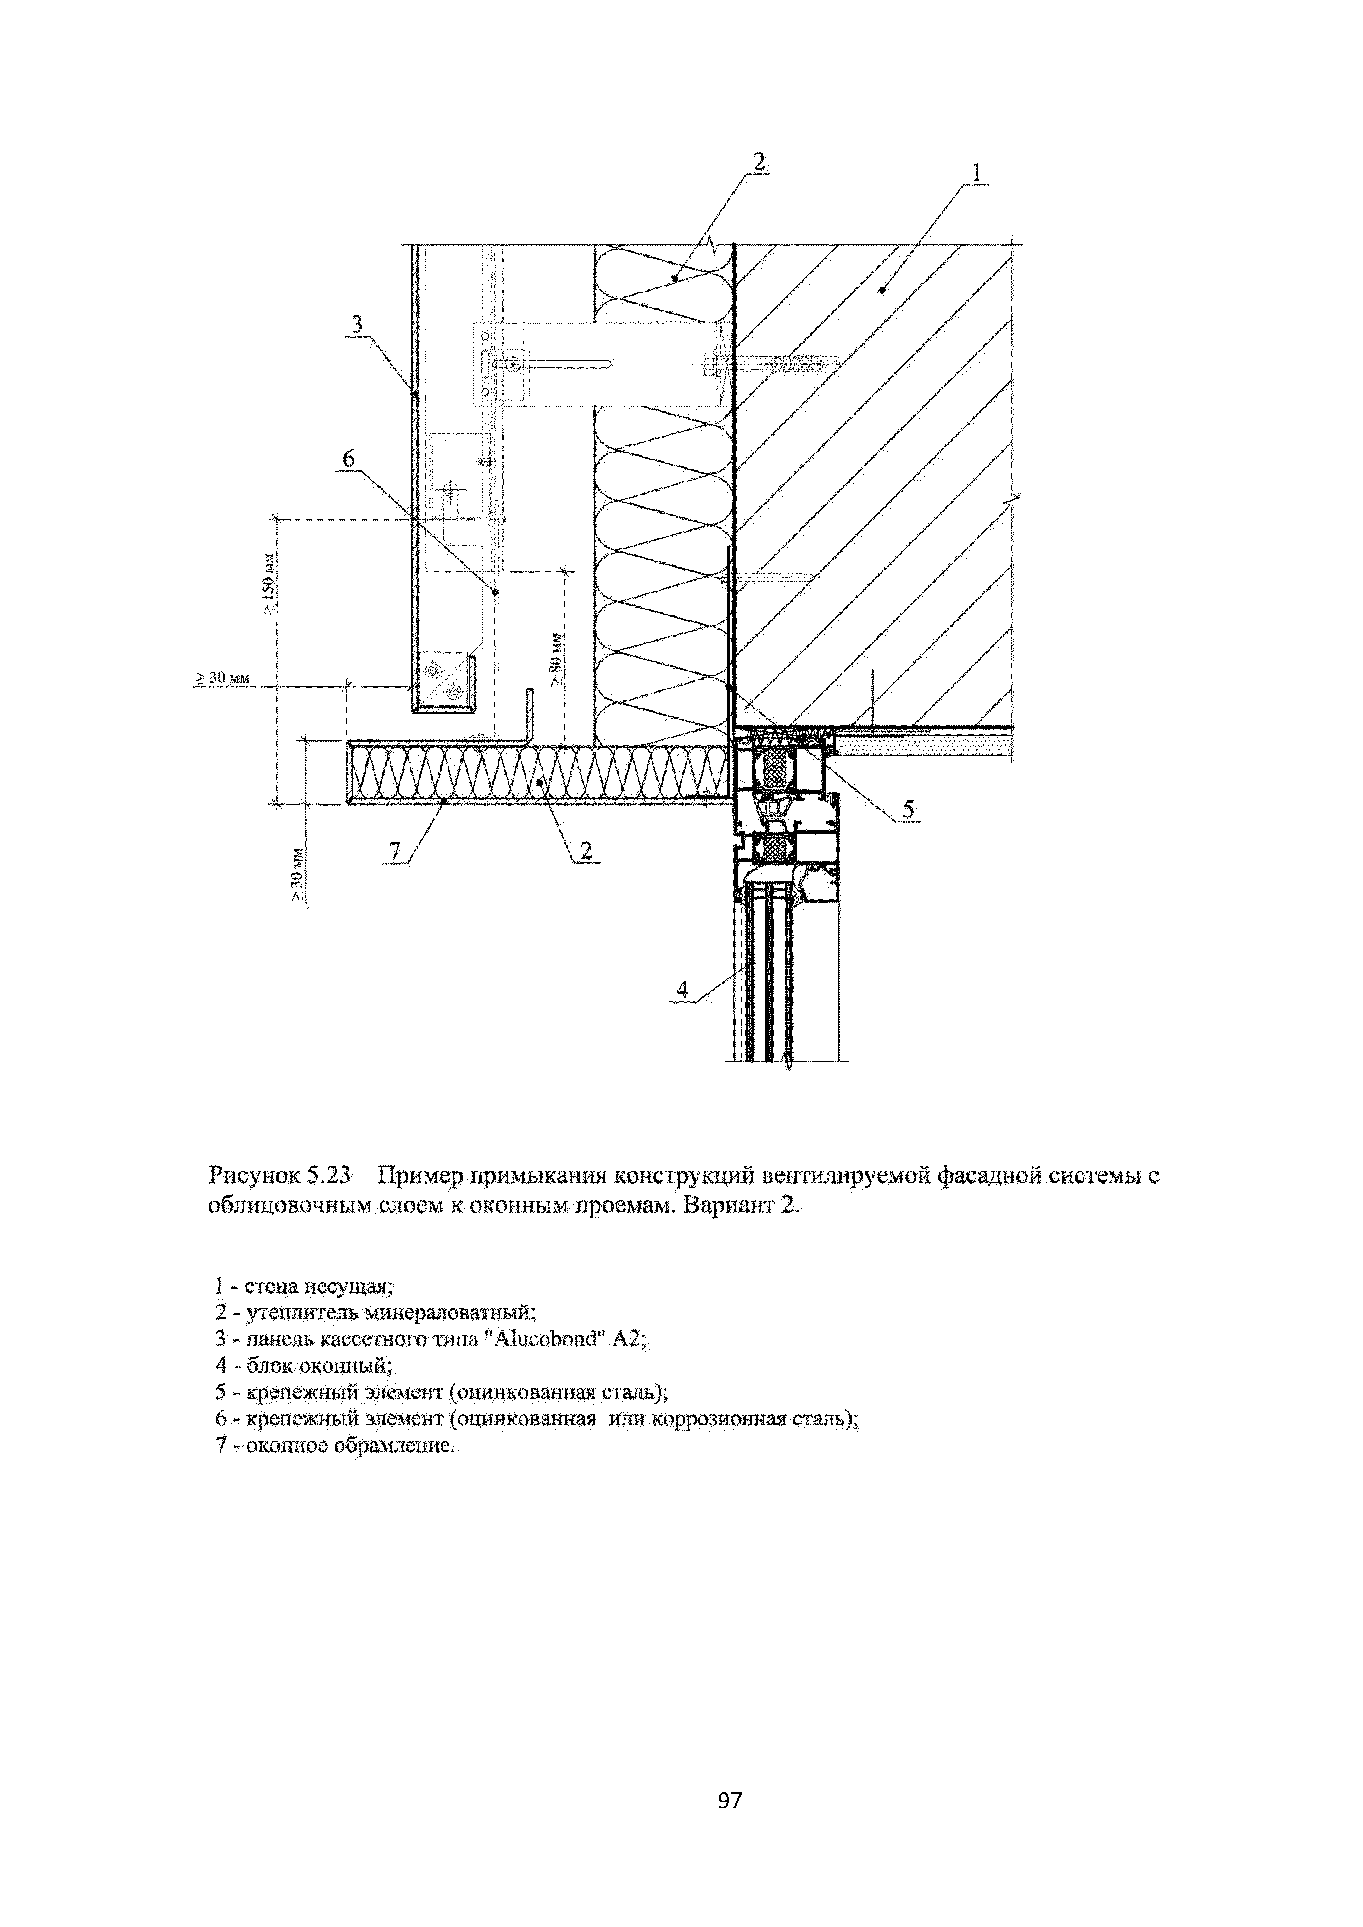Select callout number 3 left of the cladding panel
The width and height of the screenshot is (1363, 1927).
pos(357,324)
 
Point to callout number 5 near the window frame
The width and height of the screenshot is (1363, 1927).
pos(908,809)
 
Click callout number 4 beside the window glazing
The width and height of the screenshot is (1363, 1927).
pos(682,990)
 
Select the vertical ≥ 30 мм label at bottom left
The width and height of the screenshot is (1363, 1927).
pos(296,875)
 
